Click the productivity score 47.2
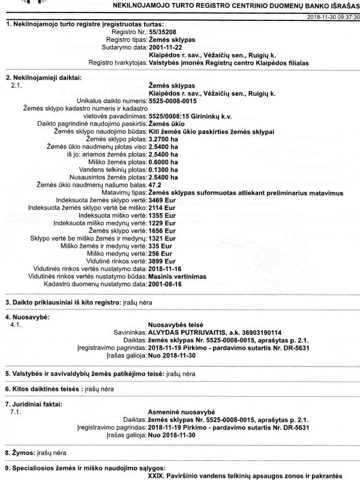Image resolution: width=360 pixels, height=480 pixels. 154,185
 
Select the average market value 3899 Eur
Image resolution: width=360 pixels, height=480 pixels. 161,262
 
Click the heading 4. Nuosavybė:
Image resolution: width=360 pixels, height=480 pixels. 27,316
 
